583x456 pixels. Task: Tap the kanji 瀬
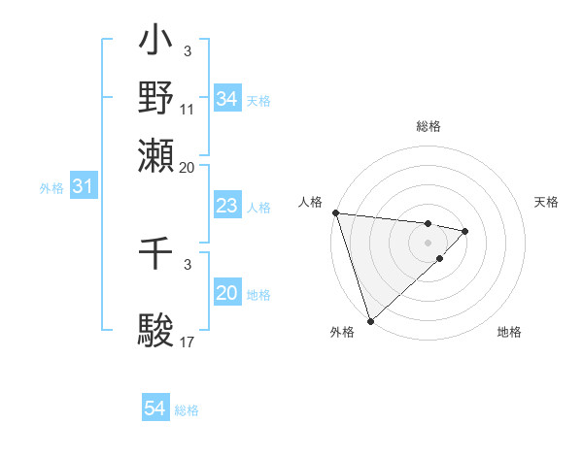tap(156, 156)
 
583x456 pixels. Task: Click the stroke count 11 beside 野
tap(188, 109)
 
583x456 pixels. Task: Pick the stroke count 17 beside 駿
tap(188, 342)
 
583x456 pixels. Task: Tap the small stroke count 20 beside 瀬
tap(188, 167)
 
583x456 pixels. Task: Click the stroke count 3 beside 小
tap(188, 50)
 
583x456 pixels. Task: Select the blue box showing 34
tap(226, 99)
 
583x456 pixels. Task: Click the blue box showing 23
tap(226, 206)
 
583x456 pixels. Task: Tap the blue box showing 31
tap(83, 186)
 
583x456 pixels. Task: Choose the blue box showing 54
tap(154, 409)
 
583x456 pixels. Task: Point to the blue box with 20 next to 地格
tap(226, 293)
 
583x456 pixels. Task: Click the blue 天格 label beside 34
tap(258, 100)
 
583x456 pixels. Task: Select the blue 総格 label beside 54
tap(187, 410)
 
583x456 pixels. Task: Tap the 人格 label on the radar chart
tap(310, 202)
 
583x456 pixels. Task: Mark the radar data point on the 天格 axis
tap(465, 231)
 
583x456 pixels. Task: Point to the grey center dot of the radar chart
tap(428, 242)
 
